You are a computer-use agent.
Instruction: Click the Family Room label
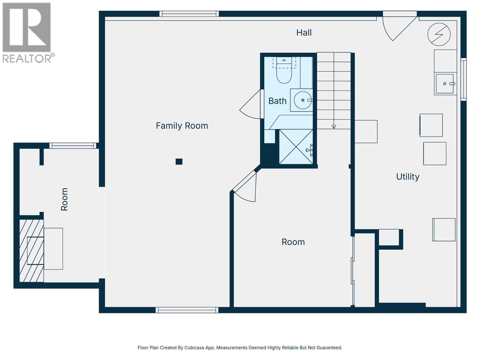(182, 126)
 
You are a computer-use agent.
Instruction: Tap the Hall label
(304, 33)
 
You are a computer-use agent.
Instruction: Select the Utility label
(407, 177)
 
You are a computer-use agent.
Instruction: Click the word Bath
(277, 101)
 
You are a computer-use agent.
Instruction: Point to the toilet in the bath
(284, 74)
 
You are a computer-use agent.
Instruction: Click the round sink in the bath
(302, 100)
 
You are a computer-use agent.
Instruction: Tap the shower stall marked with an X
(296, 147)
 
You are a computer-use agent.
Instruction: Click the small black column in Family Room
(179, 162)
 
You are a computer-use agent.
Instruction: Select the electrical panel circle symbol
(439, 34)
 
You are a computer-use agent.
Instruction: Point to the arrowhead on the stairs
(334, 127)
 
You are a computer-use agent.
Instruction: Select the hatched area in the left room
(31, 251)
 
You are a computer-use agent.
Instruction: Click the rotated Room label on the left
(64, 199)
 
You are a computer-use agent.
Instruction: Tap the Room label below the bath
(293, 242)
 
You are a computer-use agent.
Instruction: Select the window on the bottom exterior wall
(187, 310)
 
